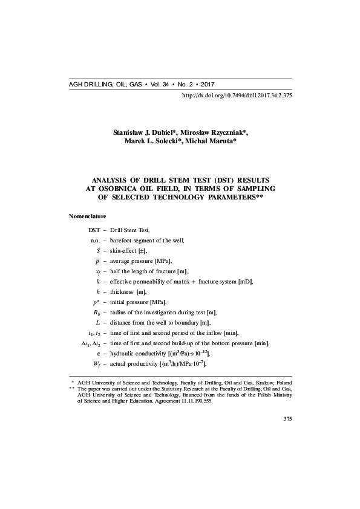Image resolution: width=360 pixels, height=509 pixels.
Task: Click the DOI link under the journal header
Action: pos(237,96)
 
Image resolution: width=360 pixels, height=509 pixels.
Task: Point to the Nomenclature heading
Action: pos(88,216)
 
